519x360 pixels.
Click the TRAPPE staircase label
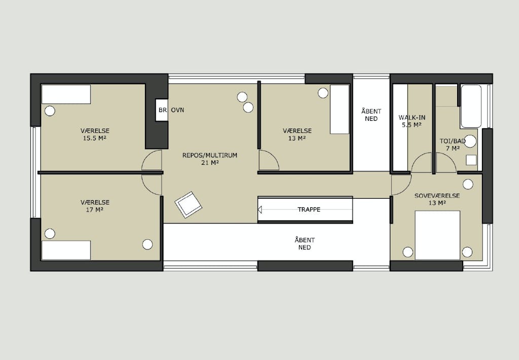click(309, 209)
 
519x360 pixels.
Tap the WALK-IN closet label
click(412, 118)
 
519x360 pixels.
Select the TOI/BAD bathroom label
click(453, 141)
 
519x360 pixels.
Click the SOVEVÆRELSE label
click(437, 196)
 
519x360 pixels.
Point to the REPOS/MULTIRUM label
click(209, 155)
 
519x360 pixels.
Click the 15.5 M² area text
click(95, 138)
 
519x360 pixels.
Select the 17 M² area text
click(95, 210)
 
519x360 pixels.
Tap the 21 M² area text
click(210, 163)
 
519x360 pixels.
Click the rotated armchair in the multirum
click(189, 205)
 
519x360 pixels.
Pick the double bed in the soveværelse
click(437, 235)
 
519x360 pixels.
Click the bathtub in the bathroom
click(471, 106)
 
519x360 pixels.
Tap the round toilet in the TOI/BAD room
click(470, 141)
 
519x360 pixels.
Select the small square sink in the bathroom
click(471, 160)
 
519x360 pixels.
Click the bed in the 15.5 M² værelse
click(66, 94)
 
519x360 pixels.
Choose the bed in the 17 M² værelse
click(66, 250)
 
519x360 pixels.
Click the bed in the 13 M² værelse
click(340, 110)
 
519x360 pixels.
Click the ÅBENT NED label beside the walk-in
click(371, 115)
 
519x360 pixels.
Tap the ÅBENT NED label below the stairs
click(305, 244)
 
